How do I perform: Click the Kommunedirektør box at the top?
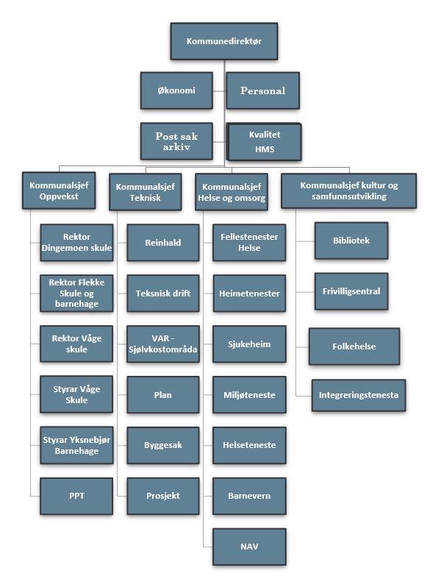[224, 41]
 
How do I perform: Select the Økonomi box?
[176, 90]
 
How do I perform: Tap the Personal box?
[263, 90]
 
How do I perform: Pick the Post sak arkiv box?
[176, 141]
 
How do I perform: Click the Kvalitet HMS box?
[265, 142]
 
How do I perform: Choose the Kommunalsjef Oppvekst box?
[59, 191]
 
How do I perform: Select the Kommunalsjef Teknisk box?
[146, 192]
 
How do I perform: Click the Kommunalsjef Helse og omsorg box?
[232, 192]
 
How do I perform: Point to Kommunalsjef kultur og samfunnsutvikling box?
[348, 191]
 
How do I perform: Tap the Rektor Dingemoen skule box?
[76, 243]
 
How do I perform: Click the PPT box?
[76, 496]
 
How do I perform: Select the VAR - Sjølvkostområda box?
[163, 344]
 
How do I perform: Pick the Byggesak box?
[163, 446]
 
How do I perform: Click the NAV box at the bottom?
[249, 547]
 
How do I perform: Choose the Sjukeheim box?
[249, 344]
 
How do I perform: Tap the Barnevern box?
[249, 496]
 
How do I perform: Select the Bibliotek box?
[351, 241]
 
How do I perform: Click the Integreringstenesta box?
[359, 395]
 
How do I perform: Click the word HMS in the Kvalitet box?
[265, 149]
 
